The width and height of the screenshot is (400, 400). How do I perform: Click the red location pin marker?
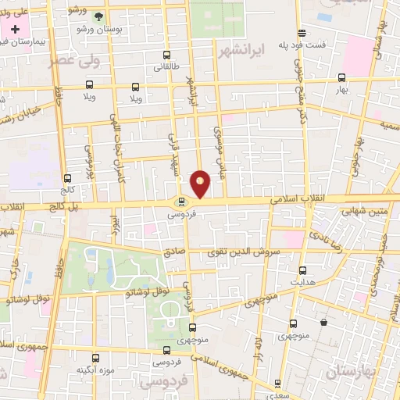pyautogui.click(x=201, y=183)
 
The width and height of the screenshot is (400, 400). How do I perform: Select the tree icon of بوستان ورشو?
pyautogui.click(x=98, y=16)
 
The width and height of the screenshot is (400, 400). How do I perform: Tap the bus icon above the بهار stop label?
pyautogui.click(x=341, y=77)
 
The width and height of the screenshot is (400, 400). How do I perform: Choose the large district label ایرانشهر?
pyautogui.click(x=265, y=48)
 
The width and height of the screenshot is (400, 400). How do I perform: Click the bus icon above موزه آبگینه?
pyautogui.click(x=95, y=356)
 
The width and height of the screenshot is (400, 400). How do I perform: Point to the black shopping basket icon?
pyautogui.click(x=323, y=323)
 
